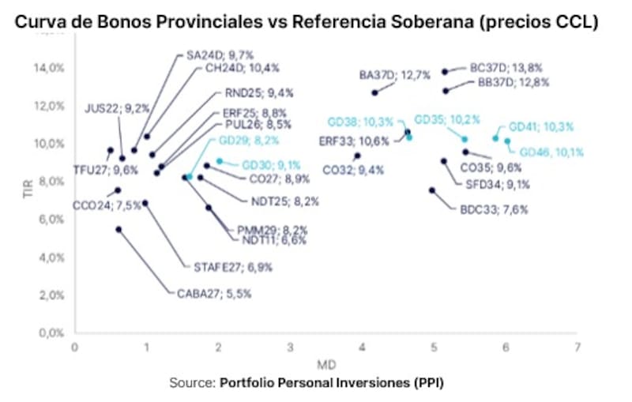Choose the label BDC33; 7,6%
494,209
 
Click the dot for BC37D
446,72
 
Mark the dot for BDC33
432,190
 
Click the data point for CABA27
118,230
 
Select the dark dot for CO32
357,156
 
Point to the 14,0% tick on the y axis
50,68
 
